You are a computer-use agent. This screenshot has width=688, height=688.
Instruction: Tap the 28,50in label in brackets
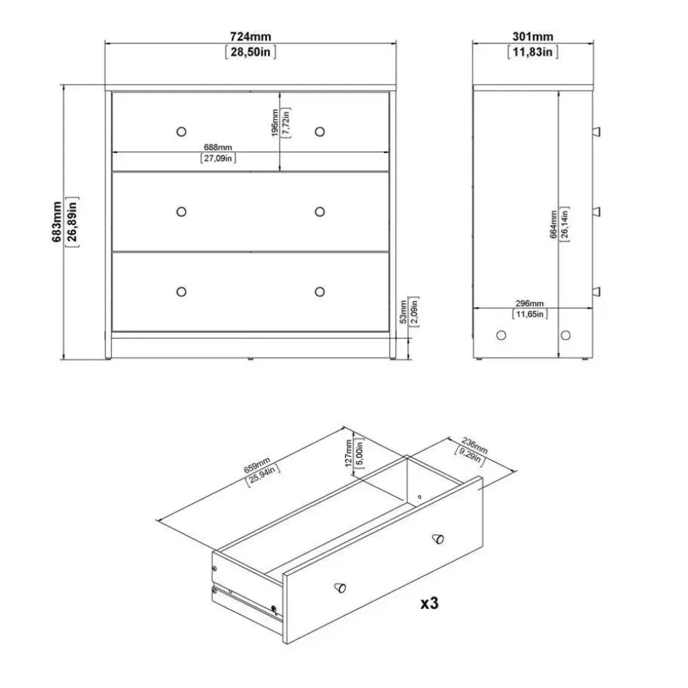click(249, 52)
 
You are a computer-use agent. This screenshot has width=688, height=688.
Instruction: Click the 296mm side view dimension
click(529, 303)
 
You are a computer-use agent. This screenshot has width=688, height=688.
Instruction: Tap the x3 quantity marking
click(429, 603)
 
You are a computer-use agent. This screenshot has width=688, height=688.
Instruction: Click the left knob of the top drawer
click(181, 131)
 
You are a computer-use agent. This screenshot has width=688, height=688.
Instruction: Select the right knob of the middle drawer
click(320, 212)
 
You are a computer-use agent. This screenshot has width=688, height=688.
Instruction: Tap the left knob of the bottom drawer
click(181, 291)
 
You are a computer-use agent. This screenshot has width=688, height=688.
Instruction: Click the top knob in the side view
click(596, 131)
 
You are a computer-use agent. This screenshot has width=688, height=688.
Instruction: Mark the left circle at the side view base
click(502, 335)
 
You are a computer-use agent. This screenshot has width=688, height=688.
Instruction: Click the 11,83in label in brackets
click(532, 52)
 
